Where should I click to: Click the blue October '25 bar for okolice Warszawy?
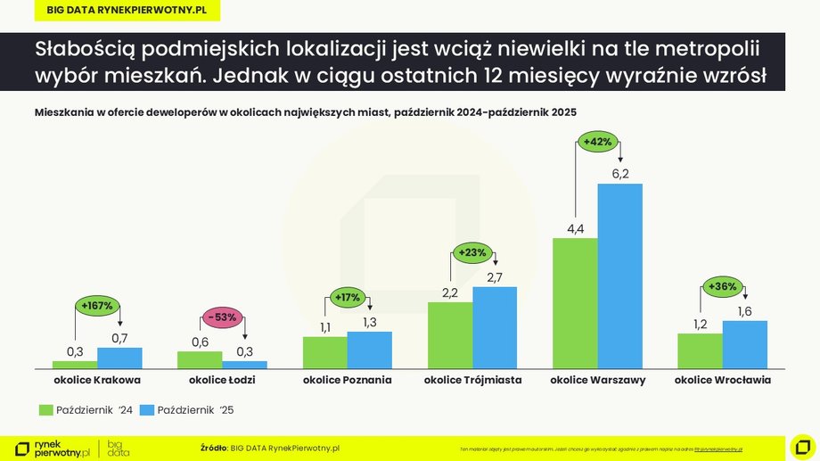[x=619, y=276]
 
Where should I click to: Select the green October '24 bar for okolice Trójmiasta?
[x=450, y=335]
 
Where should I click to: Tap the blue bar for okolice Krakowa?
[x=119, y=358]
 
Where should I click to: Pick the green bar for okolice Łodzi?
[x=200, y=359]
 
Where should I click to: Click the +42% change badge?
[x=597, y=141]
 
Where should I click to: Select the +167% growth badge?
[x=96, y=306]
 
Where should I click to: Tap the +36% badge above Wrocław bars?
[x=721, y=286]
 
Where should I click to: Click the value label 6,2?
[x=620, y=173]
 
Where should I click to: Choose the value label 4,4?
[x=575, y=229]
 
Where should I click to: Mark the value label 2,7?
[x=495, y=276]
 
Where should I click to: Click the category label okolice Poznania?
[x=347, y=381]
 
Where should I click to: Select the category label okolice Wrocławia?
[x=722, y=381]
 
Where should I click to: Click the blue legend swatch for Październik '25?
[x=147, y=410]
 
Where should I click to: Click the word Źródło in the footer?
[x=214, y=447]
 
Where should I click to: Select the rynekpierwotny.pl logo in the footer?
[x=53, y=448]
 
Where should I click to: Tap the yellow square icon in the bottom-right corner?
[x=802, y=446]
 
